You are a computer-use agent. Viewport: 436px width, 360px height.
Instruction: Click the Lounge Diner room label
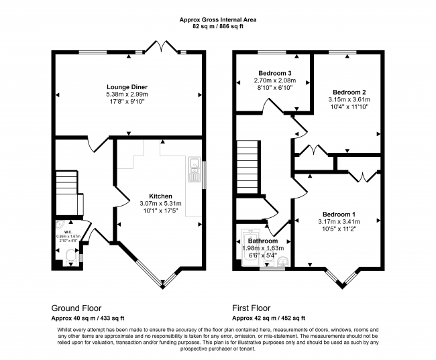(x=127, y=87)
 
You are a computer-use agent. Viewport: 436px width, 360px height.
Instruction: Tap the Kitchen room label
(x=160, y=196)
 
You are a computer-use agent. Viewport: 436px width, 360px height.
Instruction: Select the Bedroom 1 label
(x=338, y=214)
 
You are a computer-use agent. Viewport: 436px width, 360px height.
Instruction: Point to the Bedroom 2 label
(x=349, y=92)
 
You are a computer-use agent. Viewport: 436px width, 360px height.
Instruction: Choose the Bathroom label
(x=262, y=241)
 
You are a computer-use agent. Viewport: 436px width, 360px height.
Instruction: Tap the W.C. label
(x=68, y=232)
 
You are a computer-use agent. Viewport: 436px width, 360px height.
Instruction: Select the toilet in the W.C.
(x=70, y=255)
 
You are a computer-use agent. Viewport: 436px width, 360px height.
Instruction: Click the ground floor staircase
(x=66, y=182)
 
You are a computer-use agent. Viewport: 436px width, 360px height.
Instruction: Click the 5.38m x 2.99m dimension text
(x=127, y=95)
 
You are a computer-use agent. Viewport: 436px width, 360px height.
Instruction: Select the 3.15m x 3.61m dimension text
(x=349, y=100)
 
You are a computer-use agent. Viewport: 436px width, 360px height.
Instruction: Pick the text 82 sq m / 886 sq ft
(x=218, y=27)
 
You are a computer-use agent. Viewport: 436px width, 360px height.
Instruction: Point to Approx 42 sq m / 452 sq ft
(x=268, y=318)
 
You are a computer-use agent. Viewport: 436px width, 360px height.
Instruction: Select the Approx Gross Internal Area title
(x=218, y=20)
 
